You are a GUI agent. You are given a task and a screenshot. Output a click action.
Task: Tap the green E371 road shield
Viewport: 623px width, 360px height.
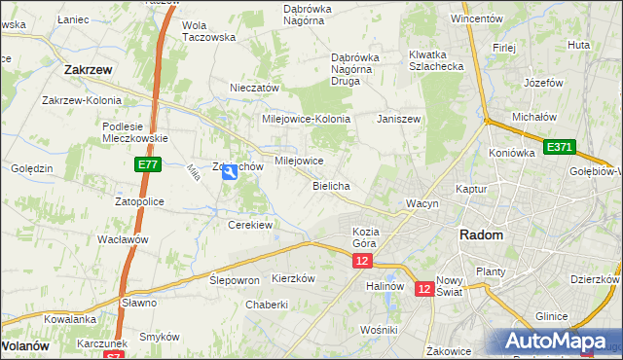[x=560, y=147]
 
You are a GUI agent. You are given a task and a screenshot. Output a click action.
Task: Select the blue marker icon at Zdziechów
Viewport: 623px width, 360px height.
[x=229, y=173]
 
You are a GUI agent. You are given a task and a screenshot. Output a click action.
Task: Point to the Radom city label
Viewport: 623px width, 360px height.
[x=481, y=235]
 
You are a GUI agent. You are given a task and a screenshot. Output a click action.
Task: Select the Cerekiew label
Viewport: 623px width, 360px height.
[x=249, y=224]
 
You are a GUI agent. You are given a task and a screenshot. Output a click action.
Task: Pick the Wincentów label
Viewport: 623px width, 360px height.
[x=477, y=18]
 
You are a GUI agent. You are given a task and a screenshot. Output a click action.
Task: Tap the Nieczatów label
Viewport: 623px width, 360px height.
[x=255, y=88]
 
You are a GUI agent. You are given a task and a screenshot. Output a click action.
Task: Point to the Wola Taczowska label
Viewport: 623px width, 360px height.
[x=209, y=31]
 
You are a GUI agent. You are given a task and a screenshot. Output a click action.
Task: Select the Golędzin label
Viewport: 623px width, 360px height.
[x=32, y=168]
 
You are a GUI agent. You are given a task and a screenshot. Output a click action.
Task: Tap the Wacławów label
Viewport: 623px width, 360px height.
[x=122, y=238]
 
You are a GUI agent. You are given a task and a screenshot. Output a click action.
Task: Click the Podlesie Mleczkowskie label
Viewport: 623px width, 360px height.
[x=135, y=131]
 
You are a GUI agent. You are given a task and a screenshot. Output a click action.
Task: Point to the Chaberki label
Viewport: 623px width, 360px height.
[x=267, y=305]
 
